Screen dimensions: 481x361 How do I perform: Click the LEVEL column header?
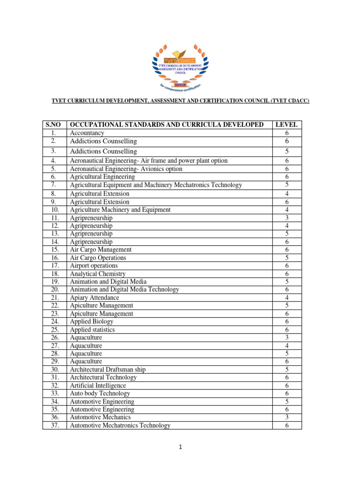[286, 124]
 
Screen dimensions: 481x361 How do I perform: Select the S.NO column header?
[54, 124]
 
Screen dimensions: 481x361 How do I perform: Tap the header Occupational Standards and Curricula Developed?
[166, 124]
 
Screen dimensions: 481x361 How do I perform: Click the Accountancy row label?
[87, 133]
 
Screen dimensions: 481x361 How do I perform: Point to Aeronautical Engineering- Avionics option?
[126, 169]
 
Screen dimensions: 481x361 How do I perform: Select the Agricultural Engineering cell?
[102, 177]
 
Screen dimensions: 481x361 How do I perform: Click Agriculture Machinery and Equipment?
[120, 210]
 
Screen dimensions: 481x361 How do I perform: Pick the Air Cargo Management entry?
[101, 249]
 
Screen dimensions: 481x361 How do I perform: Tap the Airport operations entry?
[94, 265]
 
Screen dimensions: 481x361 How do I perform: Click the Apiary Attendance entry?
[94, 297]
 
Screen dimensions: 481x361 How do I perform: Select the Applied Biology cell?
[92, 322]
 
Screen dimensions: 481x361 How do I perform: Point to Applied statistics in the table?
[92, 330]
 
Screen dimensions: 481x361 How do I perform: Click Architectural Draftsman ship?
[108, 370]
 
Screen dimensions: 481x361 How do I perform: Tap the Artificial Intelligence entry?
[98, 386]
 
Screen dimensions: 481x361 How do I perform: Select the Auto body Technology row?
[100, 393]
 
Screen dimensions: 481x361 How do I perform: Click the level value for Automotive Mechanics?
[287, 417]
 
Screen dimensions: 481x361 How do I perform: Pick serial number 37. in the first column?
[54, 426]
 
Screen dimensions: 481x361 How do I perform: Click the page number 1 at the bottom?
[180, 447]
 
